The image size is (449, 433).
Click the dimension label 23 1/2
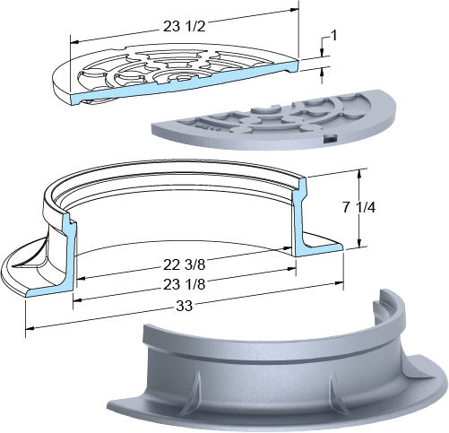pos(185,27)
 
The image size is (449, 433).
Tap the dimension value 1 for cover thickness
pos(334,36)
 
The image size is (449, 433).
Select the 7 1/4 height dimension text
pos(358,207)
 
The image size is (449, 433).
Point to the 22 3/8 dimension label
pos(185,264)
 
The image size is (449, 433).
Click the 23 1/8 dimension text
pos(185,284)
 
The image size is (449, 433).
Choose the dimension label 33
pos(184,306)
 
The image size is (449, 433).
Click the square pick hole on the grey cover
pos(330,138)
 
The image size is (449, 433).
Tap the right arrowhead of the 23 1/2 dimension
pos(294,10)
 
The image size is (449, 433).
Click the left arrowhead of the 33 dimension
pos(30,328)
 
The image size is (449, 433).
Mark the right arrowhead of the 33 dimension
pos(339,282)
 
